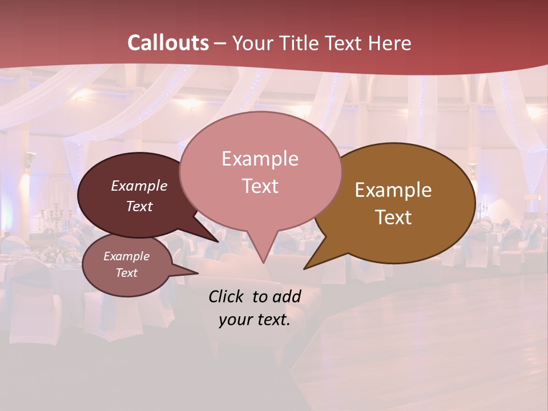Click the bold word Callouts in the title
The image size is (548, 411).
point(168,43)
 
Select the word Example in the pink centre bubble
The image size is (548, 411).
point(260,159)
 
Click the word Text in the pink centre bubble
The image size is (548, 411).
point(260,186)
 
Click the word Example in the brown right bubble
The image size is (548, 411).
point(393,190)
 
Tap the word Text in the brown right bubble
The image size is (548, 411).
point(393,217)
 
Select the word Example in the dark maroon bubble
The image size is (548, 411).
point(139,186)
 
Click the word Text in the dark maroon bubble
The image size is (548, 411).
point(139,206)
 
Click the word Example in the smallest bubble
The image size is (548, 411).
point(126,256)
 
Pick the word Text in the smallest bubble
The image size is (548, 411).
point(126,273)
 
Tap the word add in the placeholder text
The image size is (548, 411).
point(287,296)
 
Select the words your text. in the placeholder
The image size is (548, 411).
point(254,320)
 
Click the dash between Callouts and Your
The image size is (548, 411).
point(220,43)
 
